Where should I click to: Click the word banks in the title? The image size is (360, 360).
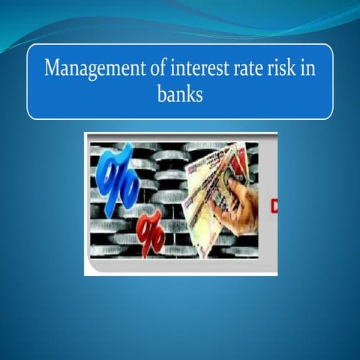click(180, 95)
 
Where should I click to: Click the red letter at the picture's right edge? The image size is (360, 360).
click(274, 205)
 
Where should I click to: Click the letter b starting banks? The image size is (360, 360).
click(161, 95)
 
